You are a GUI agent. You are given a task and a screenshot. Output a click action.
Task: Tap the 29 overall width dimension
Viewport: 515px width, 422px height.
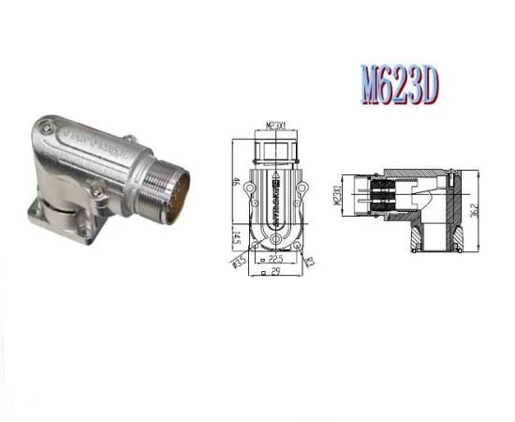click(x=275, y=274)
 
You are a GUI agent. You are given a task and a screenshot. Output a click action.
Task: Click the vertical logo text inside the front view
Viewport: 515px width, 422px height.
click(x=275, y=197)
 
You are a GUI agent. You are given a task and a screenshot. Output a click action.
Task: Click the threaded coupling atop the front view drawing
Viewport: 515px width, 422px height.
click(x=275, y=150)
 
